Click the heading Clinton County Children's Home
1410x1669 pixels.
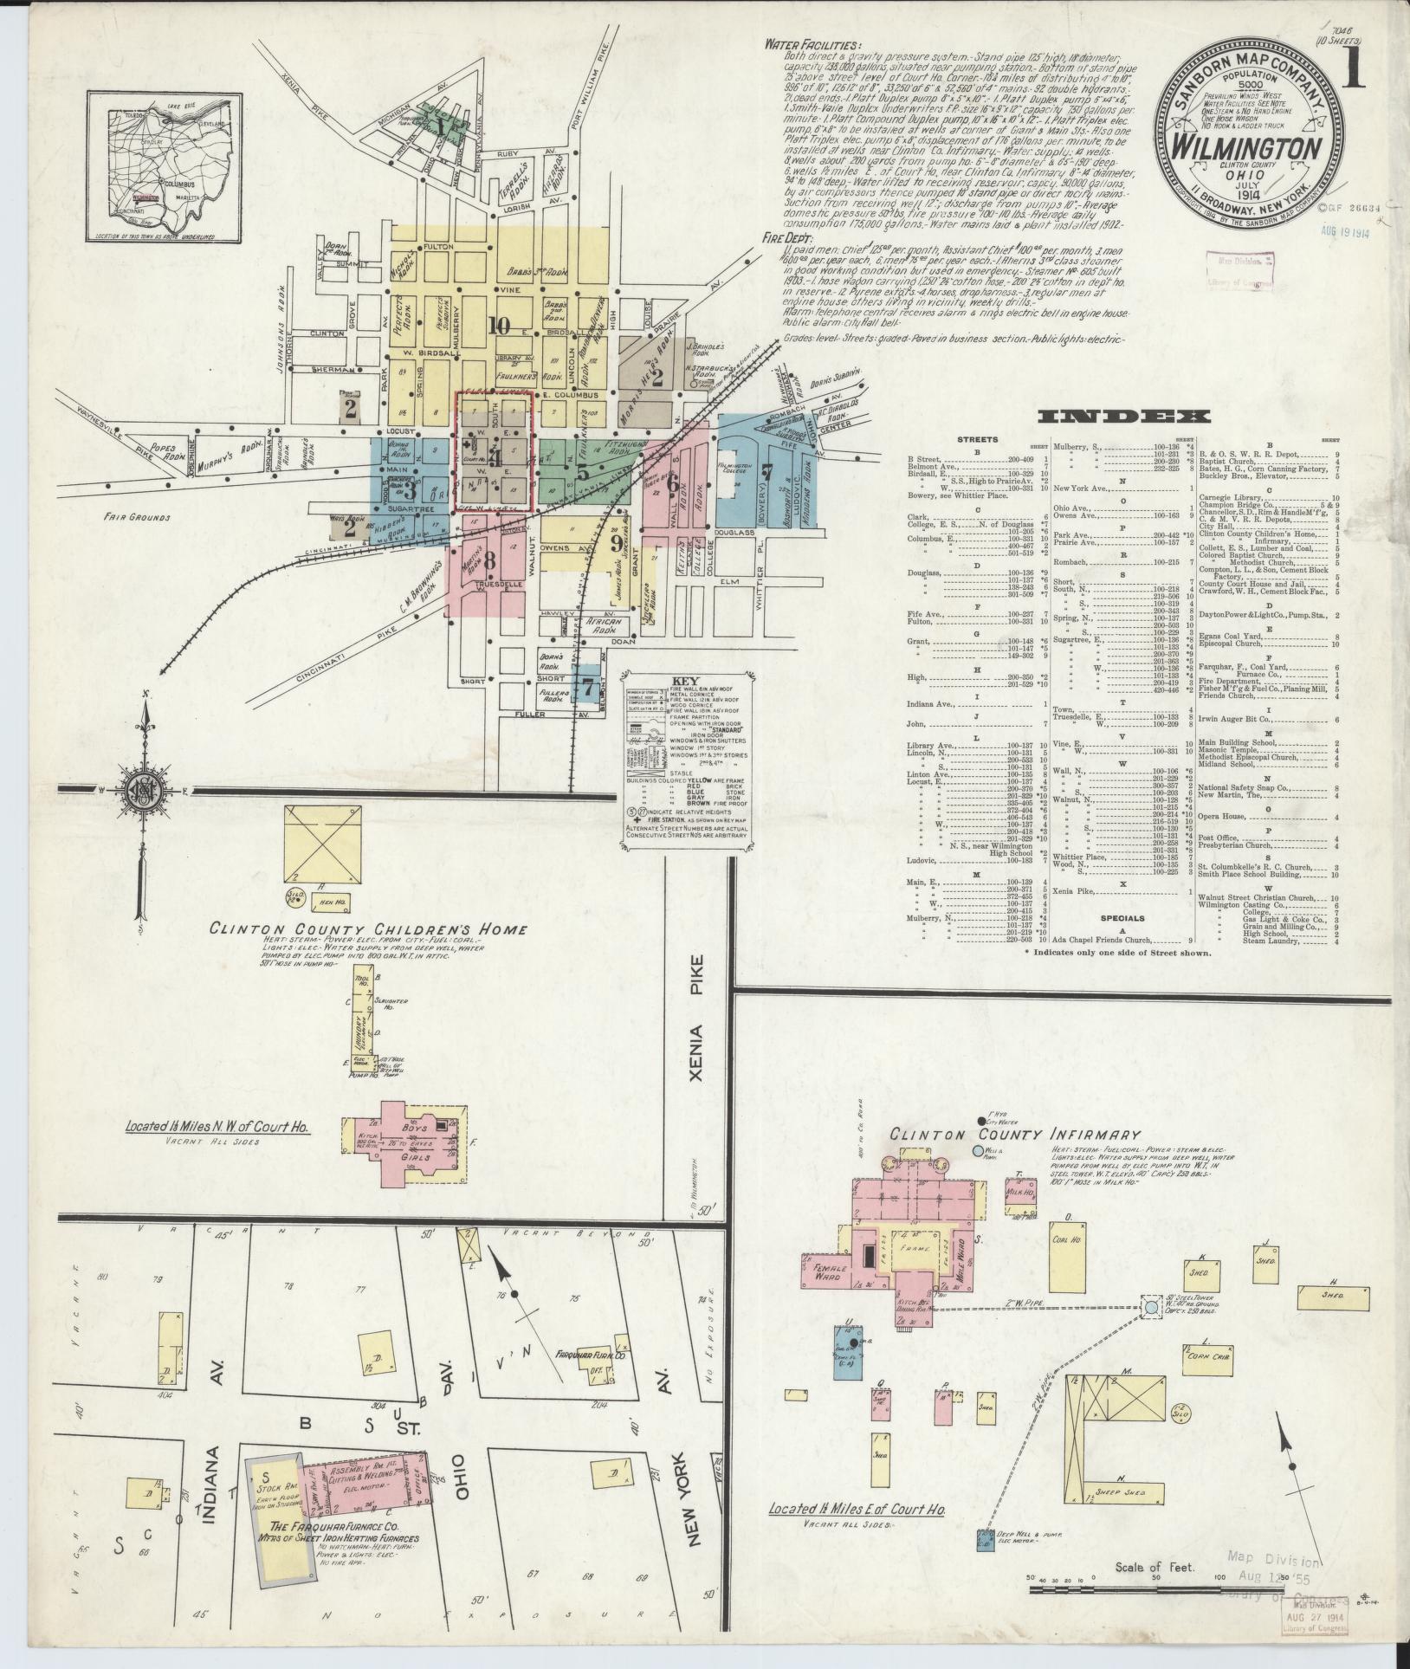tap(369, 929)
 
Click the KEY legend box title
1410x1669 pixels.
tap(684, 681)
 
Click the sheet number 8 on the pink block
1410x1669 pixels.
tap(489, 560)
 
